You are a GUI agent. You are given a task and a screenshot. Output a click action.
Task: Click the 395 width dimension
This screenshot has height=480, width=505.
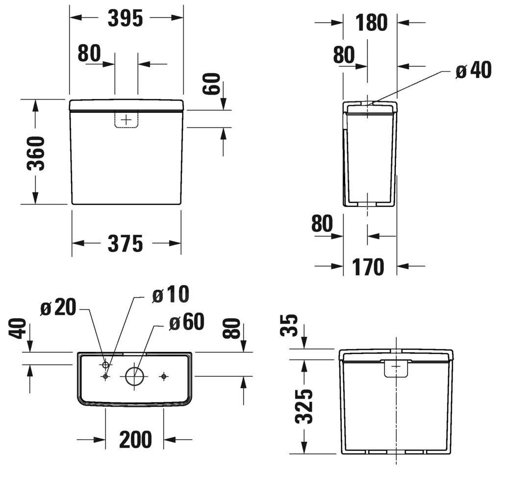pos(126,19)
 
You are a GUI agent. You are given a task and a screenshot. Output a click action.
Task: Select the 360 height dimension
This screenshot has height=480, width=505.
pos(36,153)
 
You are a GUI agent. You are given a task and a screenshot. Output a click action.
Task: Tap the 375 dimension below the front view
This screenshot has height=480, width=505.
pos(126,244)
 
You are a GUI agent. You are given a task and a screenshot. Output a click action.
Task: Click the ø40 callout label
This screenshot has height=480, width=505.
pos(473,71)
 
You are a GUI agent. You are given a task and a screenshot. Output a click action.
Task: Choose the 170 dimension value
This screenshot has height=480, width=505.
pos(368,267)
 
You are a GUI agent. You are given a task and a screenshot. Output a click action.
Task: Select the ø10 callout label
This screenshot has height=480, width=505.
pos(170,295)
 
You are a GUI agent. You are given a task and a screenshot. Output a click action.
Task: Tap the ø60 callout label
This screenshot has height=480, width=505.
pos(186,322)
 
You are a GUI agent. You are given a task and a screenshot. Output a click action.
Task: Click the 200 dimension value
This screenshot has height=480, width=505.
pos(135,440)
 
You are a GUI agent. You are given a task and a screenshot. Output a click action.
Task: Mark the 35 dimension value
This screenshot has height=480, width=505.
pos(291,325)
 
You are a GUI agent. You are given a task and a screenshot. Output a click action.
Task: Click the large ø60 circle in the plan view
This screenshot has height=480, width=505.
pos(135,376)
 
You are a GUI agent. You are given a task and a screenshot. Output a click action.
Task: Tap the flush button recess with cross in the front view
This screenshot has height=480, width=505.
pos(126,120)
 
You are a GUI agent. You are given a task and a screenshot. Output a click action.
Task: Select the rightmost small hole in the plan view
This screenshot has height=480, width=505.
pos(164,376)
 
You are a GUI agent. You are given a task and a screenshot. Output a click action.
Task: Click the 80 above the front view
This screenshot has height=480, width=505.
pos(89,53)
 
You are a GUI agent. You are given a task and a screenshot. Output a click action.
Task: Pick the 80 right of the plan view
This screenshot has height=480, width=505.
pos(232,328)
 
